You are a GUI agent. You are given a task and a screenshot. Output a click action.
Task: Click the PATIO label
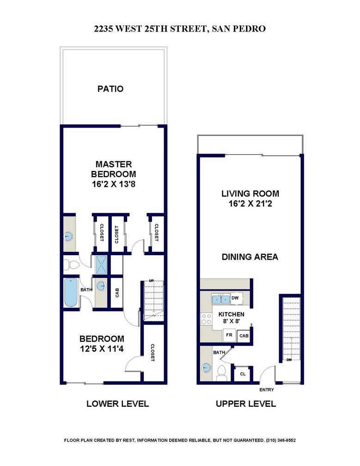(x=110, y=89)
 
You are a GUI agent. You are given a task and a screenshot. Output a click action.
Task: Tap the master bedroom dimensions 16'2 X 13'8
(x=114, y=184)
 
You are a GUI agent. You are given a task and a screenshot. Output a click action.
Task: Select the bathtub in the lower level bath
(x=71, y=293)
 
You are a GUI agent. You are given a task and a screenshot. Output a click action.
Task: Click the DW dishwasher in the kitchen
(x=235, y=298)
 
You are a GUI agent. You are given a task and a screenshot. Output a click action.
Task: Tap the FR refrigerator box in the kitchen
(x=229, y=335)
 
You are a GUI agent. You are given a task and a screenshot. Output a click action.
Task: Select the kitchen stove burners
(x=206, y=319)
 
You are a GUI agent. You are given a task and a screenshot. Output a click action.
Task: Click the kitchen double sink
(x=221, y=299)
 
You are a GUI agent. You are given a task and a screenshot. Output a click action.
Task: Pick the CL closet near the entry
(x=243, y=374)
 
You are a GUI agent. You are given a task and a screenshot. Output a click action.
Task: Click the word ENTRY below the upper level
(x=267, y=390)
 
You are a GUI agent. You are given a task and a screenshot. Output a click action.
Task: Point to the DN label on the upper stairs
(x=289, y=360)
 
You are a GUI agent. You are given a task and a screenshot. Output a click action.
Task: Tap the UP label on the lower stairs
(x=152, y=281)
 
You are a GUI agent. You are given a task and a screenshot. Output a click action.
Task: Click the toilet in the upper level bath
(x=221, y=373)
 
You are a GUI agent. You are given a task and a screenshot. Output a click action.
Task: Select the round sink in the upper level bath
(x=206, y=368)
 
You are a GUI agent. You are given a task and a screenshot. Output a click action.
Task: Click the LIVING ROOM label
(x=250, y=194)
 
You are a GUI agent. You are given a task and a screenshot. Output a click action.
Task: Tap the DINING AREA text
(x=250, y=257)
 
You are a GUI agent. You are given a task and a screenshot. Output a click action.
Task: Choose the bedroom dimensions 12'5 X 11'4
(x=102, y=349)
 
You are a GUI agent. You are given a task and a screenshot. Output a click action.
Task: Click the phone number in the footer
(x=281, y=441)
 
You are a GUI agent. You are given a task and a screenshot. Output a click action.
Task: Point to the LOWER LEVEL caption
(x=118, y=404)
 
